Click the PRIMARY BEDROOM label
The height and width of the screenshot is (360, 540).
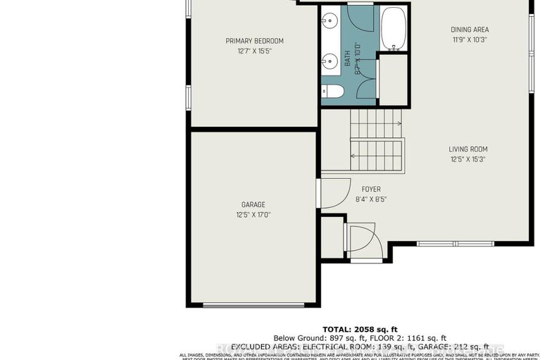pos(254,40)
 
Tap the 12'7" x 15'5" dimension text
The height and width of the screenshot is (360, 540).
pos(254,51)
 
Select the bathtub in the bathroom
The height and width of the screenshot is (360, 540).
pos(394,27)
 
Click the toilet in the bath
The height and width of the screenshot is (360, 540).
pos(333,91)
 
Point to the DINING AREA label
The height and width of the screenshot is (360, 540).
pos(470,30)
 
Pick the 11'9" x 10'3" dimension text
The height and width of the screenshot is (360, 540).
pos(470,40)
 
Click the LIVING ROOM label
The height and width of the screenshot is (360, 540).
pos(468,149)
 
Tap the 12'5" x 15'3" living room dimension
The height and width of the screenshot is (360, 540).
pos(468,159)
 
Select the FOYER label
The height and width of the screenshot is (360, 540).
pos(371,189)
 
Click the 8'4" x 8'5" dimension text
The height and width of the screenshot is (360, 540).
pos(371,199)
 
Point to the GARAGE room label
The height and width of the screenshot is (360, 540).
pos(253,204)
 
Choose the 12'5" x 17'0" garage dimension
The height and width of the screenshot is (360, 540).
pos(253,215)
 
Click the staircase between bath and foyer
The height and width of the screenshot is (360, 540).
pos(376,141)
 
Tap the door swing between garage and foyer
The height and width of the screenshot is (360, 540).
pos(334,192)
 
